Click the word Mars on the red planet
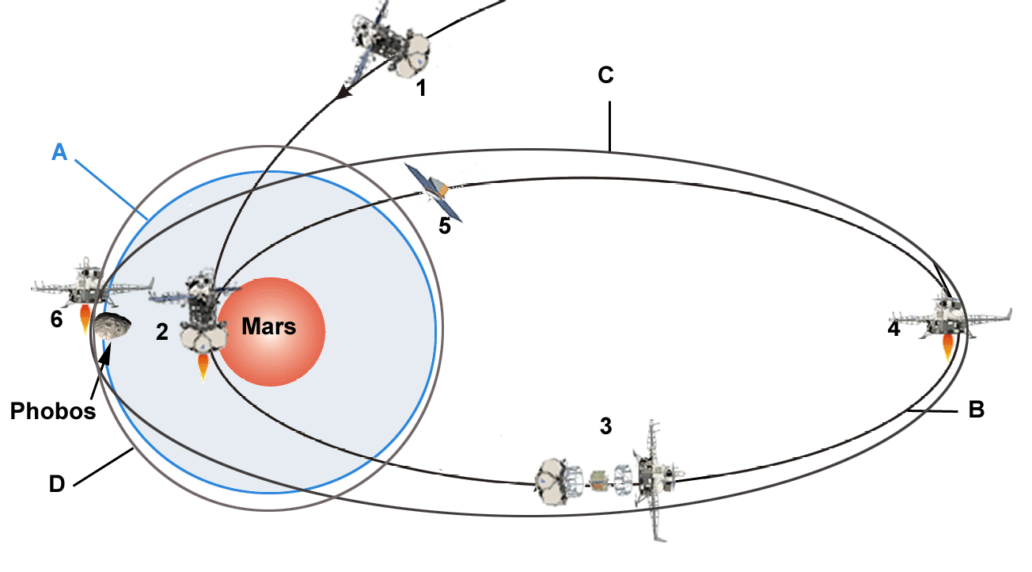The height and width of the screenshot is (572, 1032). tap(268, 326)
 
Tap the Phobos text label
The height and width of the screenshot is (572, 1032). tap(52, 411)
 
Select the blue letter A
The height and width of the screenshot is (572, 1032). tap(59, 152)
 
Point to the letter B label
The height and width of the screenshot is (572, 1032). tap(977, 410)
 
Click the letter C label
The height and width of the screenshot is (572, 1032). tap(605, 76)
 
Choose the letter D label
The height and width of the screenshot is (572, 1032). tap(57, 484)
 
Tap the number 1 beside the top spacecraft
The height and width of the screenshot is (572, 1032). tap(422, 87)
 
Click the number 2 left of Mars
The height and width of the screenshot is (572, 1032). tap(161, 332)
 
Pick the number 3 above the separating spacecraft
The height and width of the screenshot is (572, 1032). tap(605, 426)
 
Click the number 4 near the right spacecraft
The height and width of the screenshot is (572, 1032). tap(894, 330)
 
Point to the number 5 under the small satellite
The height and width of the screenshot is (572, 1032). tap(444, 227)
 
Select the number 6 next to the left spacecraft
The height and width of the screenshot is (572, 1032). tap(56, 320)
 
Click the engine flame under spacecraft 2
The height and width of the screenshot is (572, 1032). tap(203, 367)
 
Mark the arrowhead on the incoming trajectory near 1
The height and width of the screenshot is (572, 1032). tap(343, 93)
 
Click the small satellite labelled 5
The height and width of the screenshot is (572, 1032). tap(433, 190)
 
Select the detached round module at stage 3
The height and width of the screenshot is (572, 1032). tap(553, 481)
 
